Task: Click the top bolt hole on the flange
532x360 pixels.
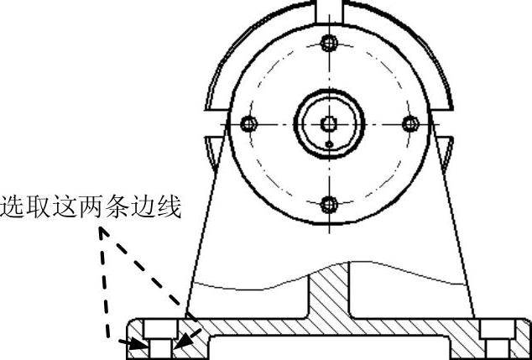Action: [330, 42]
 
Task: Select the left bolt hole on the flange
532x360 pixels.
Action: [247, 123]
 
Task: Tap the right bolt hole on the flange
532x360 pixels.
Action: [410, 123]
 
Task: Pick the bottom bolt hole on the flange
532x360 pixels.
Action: [330, 204]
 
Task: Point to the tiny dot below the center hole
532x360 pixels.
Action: [331, 144]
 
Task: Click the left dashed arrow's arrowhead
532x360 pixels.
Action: [135, 343]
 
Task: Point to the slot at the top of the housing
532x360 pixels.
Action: [330, 10]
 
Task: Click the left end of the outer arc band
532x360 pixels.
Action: [211, 110]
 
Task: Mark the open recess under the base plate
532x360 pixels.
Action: [328, 348]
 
